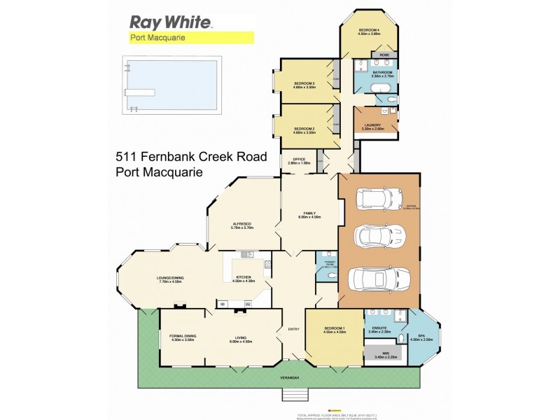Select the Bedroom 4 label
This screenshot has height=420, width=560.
click(x=369, y=31)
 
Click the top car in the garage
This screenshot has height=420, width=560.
click(x=377, y=199)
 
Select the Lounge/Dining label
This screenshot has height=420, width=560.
click(x=169, y=280)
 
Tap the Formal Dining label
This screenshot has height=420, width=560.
click(x=182, y=337)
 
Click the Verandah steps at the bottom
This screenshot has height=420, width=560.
click(x=295, y=395)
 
